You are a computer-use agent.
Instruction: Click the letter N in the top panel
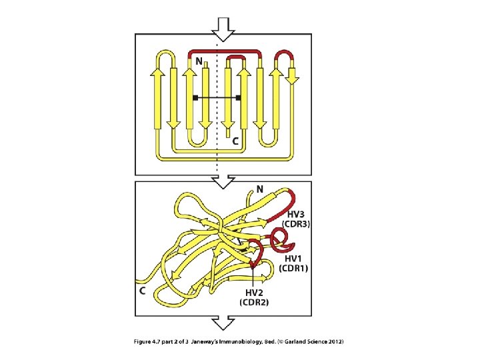(x=199, y=61)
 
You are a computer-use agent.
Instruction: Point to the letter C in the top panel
(x=235, y=142)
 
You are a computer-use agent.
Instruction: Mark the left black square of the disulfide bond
(x=195, y=98)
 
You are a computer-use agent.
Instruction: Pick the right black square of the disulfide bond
(x=238, y=98)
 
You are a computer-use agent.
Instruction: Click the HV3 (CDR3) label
(x=295, y=219)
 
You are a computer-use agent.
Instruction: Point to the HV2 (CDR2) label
(x=254, y=298)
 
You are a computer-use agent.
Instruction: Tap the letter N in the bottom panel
(x=260, y=189)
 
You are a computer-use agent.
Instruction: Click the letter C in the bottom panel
(x=141, y=291)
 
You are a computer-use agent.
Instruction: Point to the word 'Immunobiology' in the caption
(x=238, y=342)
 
